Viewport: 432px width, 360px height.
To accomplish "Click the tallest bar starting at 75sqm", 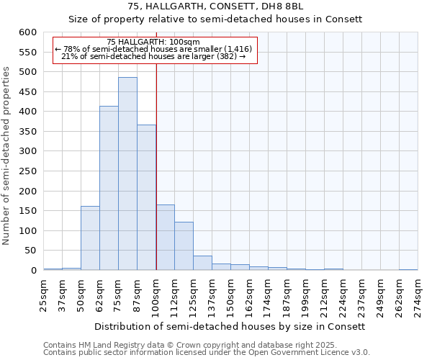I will coord(127,174).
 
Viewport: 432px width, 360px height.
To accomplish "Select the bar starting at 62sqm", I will coord(109,188).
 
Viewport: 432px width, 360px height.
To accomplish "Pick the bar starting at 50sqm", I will coord(90,238).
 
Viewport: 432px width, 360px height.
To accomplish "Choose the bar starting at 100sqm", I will coord(165,238).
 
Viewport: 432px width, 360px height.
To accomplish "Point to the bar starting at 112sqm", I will coord(184,246).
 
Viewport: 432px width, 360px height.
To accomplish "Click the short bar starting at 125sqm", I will coord(202,263).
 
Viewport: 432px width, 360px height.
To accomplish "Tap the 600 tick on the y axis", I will coord(27,32).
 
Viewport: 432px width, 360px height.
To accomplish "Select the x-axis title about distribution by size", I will coord(230,326).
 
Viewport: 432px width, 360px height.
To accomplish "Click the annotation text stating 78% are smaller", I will coord(153,49).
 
